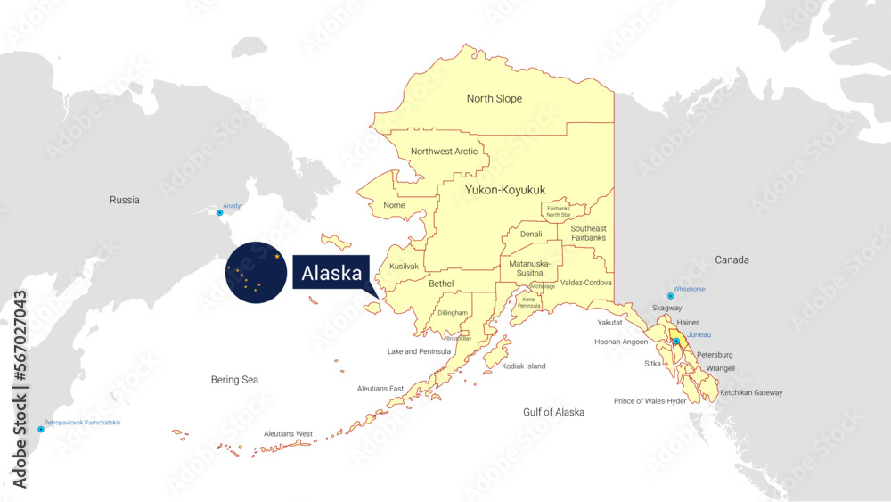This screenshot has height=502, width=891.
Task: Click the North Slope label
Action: tap(495, 99)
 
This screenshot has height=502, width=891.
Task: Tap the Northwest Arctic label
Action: tap(444, 152)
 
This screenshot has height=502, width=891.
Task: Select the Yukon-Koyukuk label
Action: tap(505, 190)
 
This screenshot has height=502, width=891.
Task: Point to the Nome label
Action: tap(394, 206)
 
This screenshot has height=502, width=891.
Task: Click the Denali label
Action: tap(531, 235)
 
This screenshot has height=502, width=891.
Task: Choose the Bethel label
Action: tap(441, 284)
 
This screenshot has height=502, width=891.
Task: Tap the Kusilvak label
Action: tap(404, 267)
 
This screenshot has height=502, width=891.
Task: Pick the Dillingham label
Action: tap(453, 313)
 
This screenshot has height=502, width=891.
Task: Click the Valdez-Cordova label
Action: tap(586, 283)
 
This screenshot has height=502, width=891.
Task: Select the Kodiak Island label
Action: tap(524, 366)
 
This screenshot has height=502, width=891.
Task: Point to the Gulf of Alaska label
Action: tap(554, 412)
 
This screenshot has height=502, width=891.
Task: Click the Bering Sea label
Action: tap(235, 380)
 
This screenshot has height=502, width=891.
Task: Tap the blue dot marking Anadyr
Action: tap(220, 212)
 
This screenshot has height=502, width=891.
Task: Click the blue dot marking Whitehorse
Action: tap(671, 296)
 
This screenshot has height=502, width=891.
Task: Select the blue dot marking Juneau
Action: tap(676, 342)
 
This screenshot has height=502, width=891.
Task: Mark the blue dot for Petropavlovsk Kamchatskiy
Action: tap(40, 429)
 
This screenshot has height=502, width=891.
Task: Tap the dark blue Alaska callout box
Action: tap(331, 274)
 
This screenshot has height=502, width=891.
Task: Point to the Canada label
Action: tap(732, 260)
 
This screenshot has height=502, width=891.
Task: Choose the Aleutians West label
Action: tap(288, 434)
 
